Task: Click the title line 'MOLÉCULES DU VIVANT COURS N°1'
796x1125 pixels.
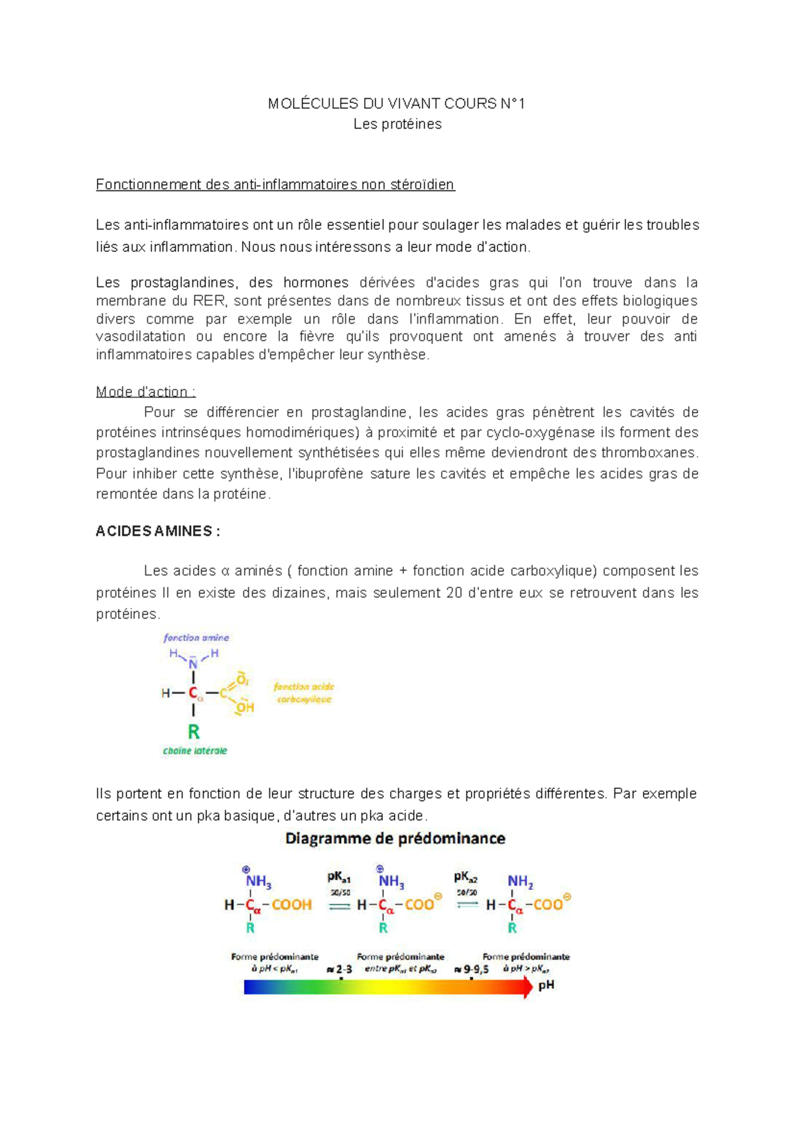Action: click(x=396, y=103)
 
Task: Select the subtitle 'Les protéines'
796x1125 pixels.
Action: click(x=397, y=124)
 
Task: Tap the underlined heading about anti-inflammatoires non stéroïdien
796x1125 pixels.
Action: click(x=275, y=184)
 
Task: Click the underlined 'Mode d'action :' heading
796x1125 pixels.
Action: click(x=145, y=392)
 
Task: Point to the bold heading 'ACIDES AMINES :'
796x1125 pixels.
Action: click(x=158, y=531)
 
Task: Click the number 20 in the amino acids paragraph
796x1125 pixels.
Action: click(x=454, y=593)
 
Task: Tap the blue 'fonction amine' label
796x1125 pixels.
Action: click(x=196, y=638)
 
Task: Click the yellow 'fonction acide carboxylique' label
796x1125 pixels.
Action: click(x=304, y=693)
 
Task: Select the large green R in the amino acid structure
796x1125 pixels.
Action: click(x=194, y=732)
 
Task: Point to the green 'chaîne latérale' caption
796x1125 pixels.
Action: click(x=195, y=751)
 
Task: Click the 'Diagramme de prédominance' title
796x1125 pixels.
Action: click(x=395, y=839)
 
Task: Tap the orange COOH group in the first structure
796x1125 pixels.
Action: click(x=291, y=905)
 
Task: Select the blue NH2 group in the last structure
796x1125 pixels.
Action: click(x=520, y=882)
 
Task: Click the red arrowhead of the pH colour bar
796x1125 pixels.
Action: click(x=528, y=987)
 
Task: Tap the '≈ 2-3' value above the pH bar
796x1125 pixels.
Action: click(x=340, y=969)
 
